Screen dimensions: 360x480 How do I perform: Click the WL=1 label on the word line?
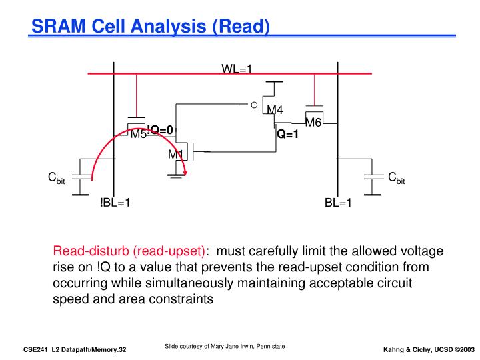(x=236, y=68)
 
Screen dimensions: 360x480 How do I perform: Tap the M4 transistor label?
(x=275, y=110)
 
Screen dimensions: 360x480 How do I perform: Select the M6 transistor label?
(x=313, y=123)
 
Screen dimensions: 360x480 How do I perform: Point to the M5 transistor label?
(x=138, y=135)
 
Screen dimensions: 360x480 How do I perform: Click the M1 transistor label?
(x=175, y=155)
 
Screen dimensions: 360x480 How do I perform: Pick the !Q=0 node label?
(x=160, y=129)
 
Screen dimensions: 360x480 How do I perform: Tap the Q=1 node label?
(x=288, y=134)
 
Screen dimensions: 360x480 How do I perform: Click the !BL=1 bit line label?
(x=115, y=203)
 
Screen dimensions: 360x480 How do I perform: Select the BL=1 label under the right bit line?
(x=338, y=203)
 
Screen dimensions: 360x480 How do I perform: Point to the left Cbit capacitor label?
(x=56, y=178)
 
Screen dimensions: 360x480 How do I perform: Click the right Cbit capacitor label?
(x=397, y=178)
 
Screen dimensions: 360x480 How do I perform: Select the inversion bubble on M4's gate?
(x=254, y=105)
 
